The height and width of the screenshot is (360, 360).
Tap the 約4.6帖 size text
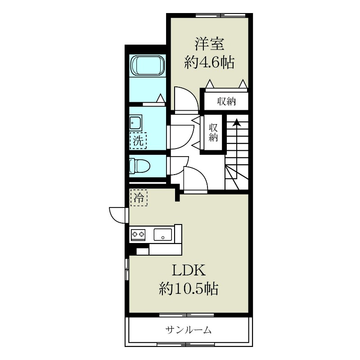[209, 63]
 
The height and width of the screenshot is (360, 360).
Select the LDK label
[189, 270]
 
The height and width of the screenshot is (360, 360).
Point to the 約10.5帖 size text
[189, 288]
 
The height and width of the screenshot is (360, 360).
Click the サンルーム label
[189, 331]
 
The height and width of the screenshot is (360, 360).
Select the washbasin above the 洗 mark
[135, 122]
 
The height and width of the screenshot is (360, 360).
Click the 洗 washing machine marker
[138, 140]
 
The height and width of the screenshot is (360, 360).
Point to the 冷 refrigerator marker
[139, 197]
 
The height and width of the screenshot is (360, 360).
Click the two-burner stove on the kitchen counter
[138, 234]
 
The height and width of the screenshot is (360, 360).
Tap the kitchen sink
[163, 234]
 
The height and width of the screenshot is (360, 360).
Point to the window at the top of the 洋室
[220, 15]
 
